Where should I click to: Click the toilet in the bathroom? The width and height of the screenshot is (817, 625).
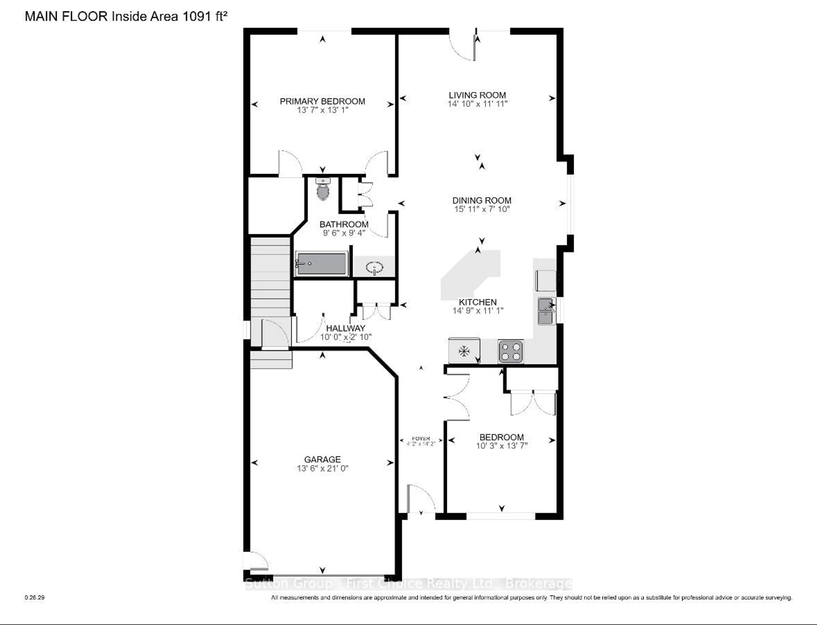tap(323, 190)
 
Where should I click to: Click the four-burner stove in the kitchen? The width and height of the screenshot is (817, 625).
tap(511, 351)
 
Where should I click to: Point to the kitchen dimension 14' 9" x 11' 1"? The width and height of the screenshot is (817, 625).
tap(478, 311)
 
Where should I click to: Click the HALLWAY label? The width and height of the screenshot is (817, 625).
tap(346, 328)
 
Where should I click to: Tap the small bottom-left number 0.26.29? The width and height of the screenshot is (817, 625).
tap(35, 597)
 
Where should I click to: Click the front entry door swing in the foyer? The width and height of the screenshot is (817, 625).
tap(421, 499)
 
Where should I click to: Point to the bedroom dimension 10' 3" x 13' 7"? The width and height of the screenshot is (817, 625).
tap(502, 446)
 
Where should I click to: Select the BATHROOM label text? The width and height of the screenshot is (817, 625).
tap(344, 224)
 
